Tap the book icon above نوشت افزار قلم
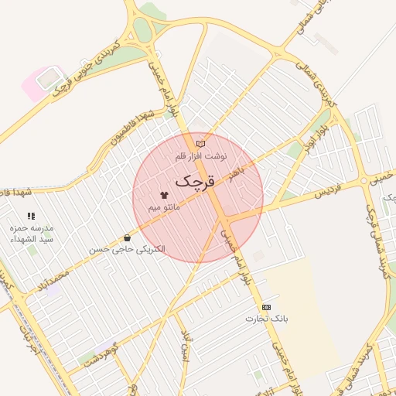pos(200,143)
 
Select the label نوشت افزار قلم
pos(200,155)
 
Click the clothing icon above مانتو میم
pos(163,196)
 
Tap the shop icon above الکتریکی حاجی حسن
pos(127,237)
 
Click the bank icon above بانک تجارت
pos(266,307)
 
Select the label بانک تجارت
pos(266,319)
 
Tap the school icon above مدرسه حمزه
pos(31,217)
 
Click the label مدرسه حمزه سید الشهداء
pos(32,234)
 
